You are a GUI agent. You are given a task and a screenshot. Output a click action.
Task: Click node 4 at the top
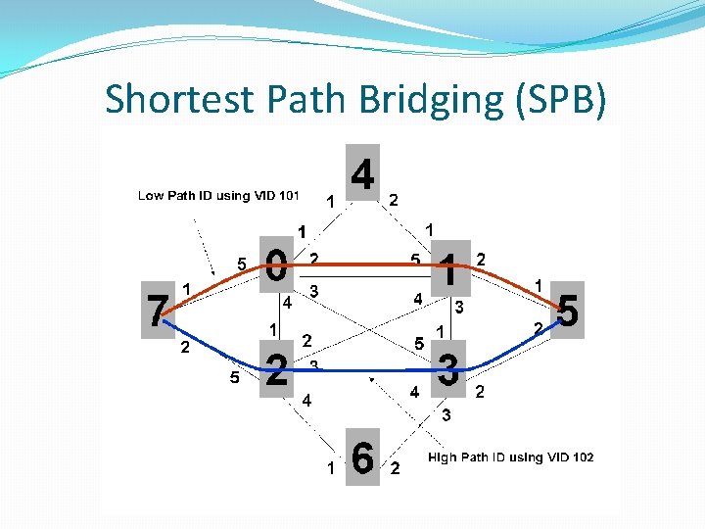pyautogui.click(x=362, y=175)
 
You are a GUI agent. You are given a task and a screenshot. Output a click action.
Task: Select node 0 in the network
pyautogui.click(x=276, y=264)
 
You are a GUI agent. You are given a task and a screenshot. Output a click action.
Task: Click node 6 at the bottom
pyautogui.click(x=362, y=457)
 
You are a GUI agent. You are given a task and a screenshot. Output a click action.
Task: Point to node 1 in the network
pyautogui.click(x=448, y=267)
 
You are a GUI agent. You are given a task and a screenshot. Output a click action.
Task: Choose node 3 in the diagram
pyautogui.click(x=448, y=370)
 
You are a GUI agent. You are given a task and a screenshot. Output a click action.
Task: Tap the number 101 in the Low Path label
pyautogui.click(x=287, y=196)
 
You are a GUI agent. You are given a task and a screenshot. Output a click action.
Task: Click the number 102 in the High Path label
pyautogui.click(x=580, y=457)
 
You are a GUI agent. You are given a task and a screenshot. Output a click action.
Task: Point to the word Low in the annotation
pyautogui.click(x=151, y=196)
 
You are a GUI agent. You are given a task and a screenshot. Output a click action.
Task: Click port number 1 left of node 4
pyautogui.click(x=331, y=201)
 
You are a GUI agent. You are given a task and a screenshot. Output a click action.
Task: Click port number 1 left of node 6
pyautogui.click(x=331, y=468)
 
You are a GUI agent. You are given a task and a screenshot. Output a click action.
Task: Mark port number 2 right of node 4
pyautogui.click(x=394, y=200)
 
